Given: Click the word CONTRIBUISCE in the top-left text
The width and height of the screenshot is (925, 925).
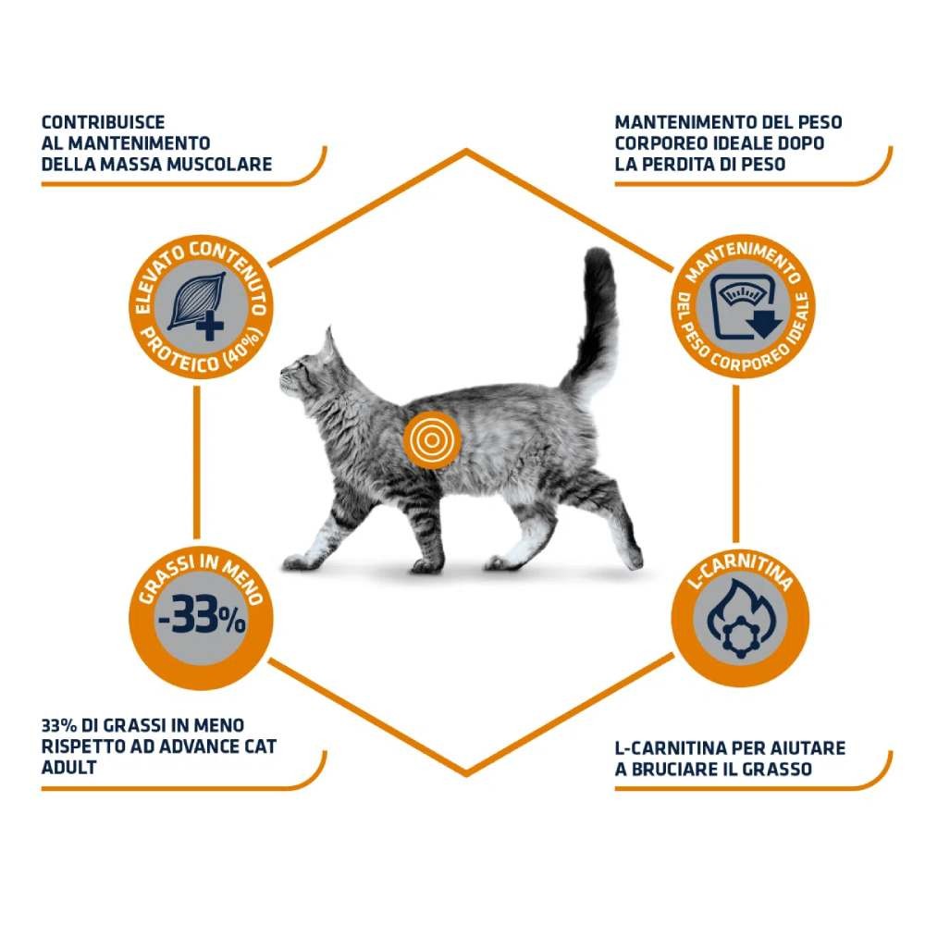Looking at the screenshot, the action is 104,123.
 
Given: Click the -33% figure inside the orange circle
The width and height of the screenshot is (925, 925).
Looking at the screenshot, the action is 201,616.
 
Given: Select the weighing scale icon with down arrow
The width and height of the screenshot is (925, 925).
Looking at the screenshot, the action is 746,307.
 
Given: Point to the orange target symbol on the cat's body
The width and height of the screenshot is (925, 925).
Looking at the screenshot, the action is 432,440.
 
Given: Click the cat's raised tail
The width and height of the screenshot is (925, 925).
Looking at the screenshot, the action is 592,318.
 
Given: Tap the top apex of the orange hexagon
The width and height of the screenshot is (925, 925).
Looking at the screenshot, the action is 466,151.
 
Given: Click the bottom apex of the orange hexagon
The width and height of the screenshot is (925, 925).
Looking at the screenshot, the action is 466,774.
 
